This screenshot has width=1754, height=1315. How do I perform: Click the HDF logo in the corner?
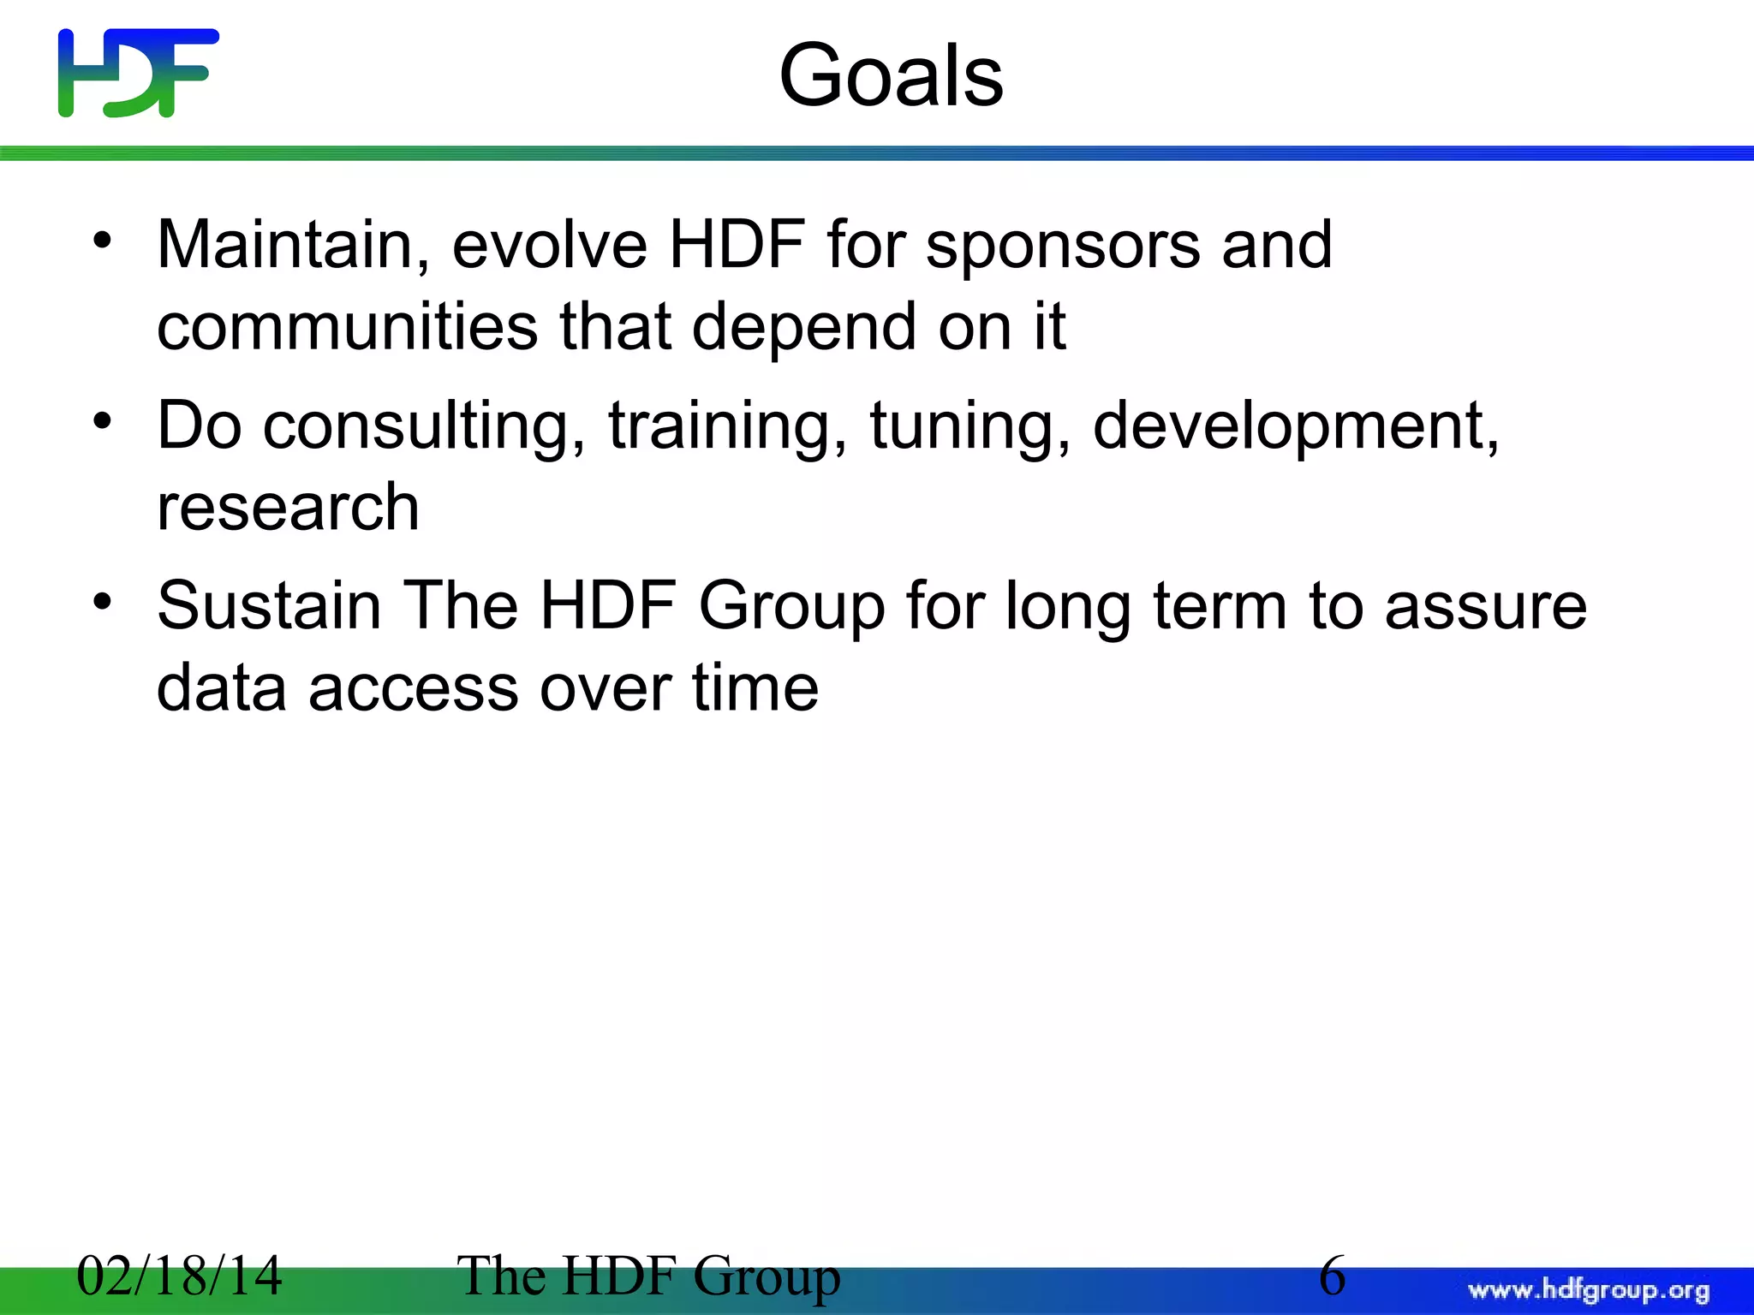(138, 73)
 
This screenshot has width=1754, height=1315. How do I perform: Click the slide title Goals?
(891, 77)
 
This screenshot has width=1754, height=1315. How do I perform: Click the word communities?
(347, 327)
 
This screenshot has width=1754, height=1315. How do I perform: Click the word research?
(288, 508)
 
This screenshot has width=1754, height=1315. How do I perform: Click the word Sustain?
(269, 606)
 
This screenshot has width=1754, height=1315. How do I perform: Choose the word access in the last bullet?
(413, 688)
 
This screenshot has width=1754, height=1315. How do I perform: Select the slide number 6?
(1333, 1276)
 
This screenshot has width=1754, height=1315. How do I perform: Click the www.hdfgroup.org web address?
(1588, 1289)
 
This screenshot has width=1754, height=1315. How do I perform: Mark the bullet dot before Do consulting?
(103, 421)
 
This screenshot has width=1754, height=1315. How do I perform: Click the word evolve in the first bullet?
(549, 246)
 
